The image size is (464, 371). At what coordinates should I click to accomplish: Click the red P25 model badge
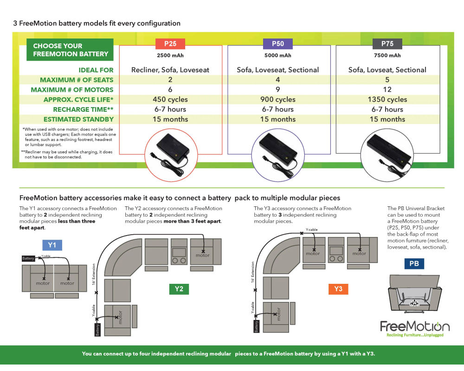[170, 44]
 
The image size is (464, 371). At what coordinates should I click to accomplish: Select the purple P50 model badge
[278, 44]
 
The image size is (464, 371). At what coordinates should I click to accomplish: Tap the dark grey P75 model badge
[387, 44]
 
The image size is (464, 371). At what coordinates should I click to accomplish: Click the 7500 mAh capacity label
[387, 56]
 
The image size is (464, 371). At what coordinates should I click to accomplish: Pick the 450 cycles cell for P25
[170, 99]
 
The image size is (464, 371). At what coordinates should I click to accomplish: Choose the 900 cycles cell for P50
[278, 99]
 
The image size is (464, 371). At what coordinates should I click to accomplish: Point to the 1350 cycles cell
[387, 99]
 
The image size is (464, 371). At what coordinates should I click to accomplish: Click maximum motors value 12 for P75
[387, 90]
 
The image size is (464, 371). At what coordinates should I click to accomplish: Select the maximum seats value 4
[278, 80]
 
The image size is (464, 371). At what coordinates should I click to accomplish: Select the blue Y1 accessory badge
[52, 245]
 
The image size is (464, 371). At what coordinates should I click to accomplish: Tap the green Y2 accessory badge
[179, 289]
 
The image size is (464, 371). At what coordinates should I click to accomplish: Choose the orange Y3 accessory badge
[338, 289]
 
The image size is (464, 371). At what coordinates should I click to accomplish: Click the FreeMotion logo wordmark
[415, 326]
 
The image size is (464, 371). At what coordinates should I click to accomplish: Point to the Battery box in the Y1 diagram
[28, 258]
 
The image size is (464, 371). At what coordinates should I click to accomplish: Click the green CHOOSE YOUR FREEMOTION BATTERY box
[71, 50]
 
